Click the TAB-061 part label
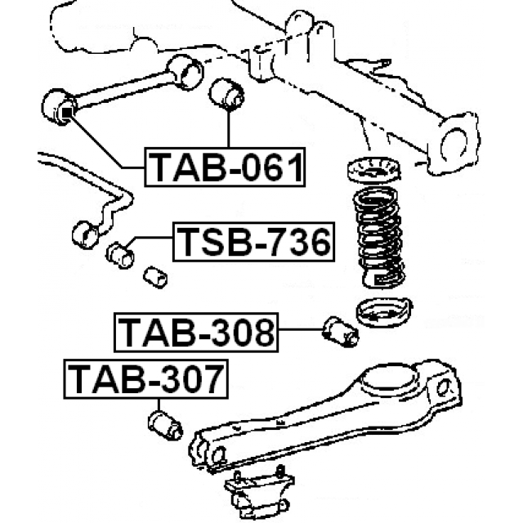(x=225, y=167)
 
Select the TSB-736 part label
(x=254, y=242)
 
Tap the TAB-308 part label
(x=196, y=333)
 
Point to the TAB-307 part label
(x=146, y=379)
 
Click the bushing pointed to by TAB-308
(x=341, y=331)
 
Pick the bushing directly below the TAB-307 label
(x=165, y=425)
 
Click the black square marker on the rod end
(x=67, y=113)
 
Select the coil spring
(x=379, y=237)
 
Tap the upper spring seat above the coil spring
(x=374, y=170)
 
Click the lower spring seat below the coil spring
(x=384, y=312)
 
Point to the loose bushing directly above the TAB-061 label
(x=226, y=94)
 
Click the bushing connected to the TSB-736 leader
(x=120, y=255)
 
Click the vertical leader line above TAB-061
(x=229, y=128)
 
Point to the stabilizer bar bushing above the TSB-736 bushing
(x=85, y=235)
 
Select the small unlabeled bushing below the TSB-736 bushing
(x=155, y=277)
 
